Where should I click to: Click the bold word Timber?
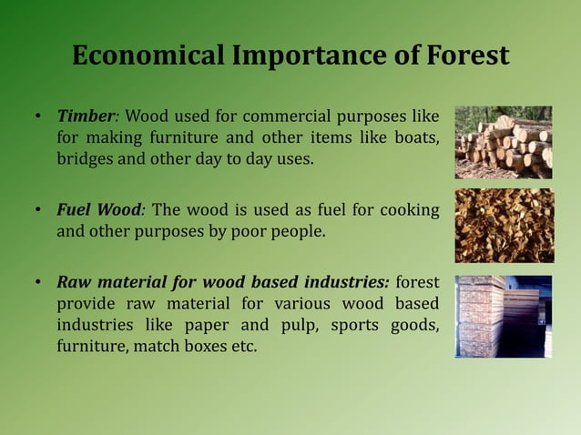(x=86, y=116)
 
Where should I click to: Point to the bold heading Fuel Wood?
(x=98, y=210)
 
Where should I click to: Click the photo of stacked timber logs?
(x=504, y=141)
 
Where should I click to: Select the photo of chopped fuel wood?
(x=504, y=225)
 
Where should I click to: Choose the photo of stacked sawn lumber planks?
(x=504, y=316)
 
